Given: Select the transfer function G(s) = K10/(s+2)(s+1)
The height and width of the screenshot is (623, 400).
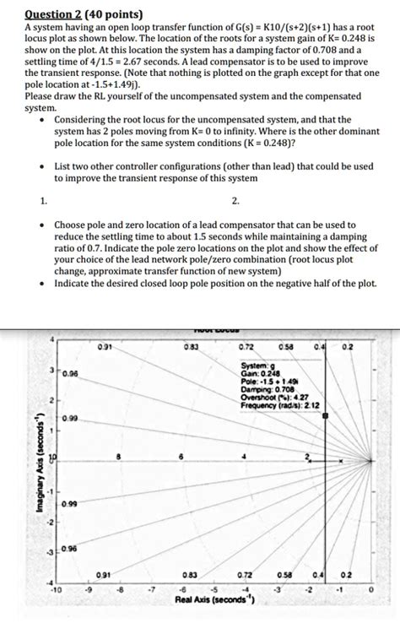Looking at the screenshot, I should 225,27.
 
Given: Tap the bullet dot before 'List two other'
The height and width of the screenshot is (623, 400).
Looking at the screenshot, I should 42,166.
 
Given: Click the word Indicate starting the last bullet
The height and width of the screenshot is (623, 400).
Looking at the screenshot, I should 74,283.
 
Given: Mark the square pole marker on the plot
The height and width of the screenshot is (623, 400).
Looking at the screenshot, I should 325,416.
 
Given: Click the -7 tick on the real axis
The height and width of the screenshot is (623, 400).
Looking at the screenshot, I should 152,591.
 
